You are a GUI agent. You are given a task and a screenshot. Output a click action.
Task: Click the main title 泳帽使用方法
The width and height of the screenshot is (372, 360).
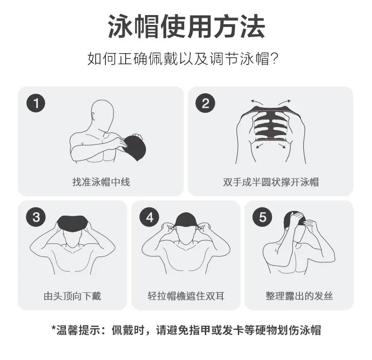186,26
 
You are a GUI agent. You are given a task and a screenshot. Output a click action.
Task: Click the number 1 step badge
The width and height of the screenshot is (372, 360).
36,103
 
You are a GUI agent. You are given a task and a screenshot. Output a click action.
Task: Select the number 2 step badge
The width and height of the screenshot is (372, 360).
205,103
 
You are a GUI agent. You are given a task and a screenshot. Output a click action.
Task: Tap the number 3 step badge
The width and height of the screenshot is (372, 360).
36,217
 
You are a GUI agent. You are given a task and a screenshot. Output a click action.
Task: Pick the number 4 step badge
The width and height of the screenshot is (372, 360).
149,217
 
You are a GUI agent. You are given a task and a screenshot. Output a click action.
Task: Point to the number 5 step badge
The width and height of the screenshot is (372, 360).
262,217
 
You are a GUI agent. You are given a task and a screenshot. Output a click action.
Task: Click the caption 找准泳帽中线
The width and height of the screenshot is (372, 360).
101,182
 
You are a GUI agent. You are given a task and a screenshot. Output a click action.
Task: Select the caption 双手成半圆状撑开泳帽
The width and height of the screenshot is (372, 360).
271,182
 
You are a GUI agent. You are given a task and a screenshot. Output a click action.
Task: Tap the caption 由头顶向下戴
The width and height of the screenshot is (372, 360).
73,296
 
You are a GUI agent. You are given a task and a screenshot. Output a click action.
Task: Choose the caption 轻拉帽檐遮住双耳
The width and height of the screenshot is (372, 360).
186,296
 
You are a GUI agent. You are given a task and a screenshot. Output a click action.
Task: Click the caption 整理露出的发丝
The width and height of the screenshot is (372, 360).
299,296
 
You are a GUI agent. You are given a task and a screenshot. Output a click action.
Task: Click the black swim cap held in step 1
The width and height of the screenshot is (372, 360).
135,147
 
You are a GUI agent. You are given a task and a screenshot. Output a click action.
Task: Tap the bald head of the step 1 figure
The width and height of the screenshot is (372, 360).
103,114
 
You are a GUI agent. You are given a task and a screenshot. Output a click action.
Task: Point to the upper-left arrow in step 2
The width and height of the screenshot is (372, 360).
257,103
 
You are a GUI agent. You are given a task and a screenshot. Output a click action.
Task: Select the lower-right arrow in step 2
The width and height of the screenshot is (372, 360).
282,146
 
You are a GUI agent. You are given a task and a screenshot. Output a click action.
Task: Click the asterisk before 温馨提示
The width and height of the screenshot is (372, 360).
54,328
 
